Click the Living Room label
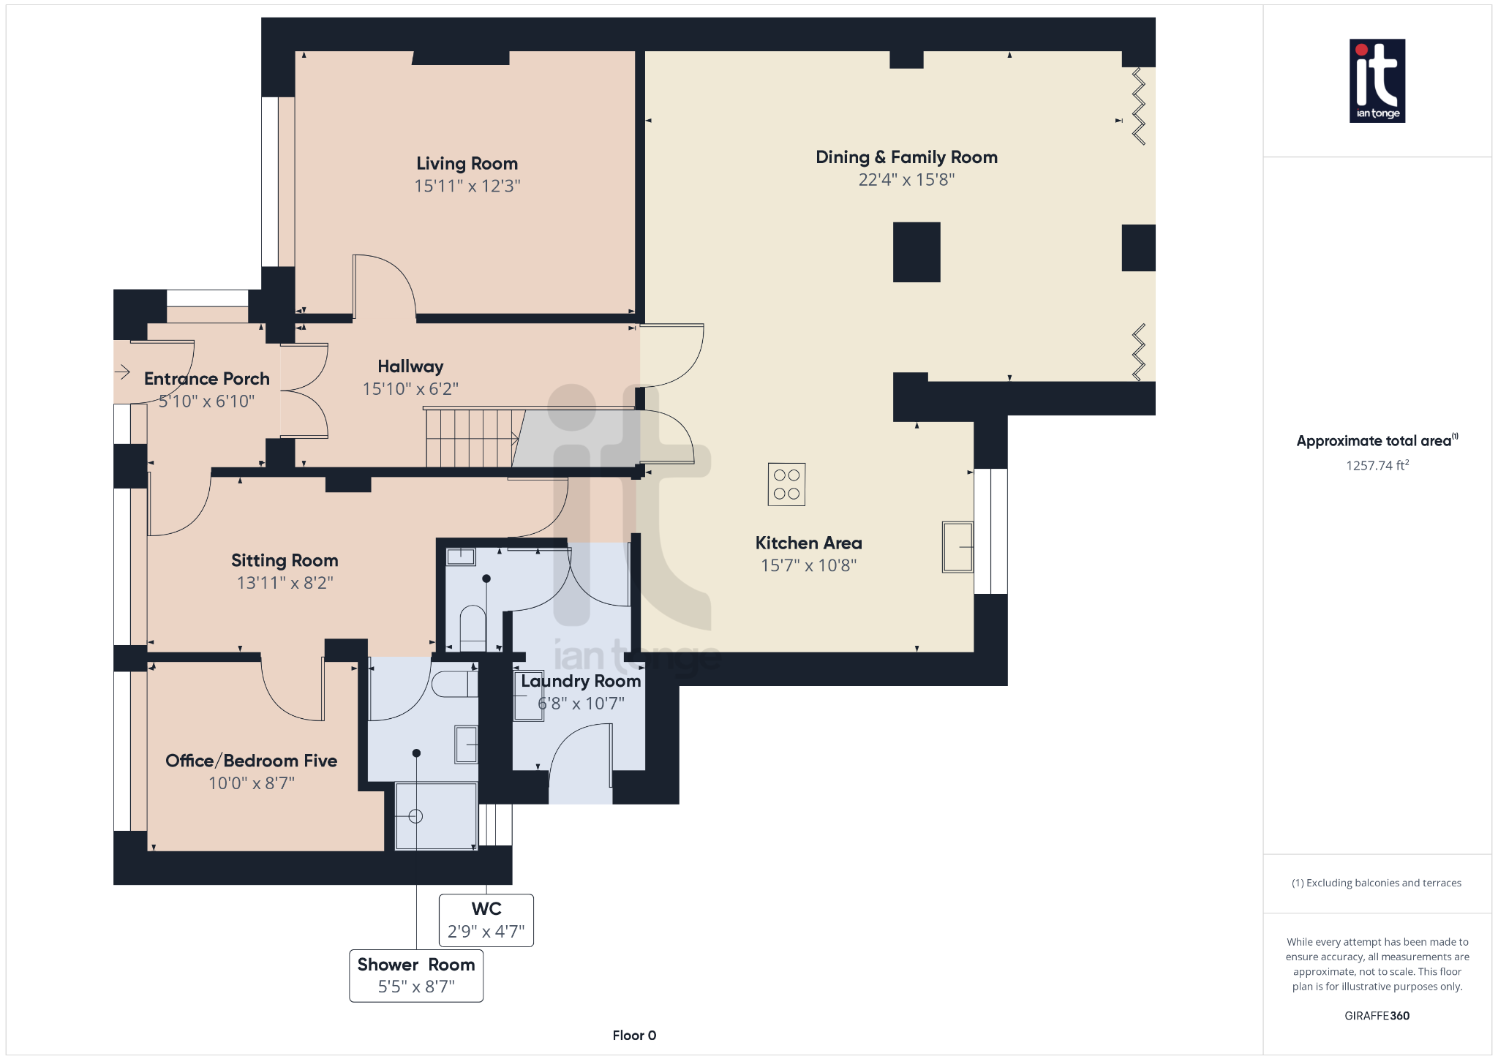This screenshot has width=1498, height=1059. (467, 164)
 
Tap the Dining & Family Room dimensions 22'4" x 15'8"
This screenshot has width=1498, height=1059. (906, 180)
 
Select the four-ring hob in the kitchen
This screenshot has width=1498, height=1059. (786, 484)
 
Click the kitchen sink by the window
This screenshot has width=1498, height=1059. (957, 546)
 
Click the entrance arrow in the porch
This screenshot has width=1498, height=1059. (122, 372)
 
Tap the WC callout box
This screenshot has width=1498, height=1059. (486, 920)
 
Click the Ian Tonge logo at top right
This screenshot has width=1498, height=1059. (1377, 80)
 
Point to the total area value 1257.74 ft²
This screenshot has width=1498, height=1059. (1377, 465)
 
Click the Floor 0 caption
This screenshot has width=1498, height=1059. (634, 1035)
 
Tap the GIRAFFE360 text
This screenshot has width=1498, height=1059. (1377, 1015)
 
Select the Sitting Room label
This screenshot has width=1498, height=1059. (285, 561)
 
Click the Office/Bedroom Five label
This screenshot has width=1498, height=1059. (251, 761)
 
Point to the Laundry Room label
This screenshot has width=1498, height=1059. (581, 682)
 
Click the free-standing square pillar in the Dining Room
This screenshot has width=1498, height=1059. (917, 252)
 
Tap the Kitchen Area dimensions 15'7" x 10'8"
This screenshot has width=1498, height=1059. (808, 565)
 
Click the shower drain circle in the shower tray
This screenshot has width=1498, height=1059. (415, 816)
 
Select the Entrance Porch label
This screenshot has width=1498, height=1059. (206, 379)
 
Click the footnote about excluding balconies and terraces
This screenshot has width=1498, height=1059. (1377, 883)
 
